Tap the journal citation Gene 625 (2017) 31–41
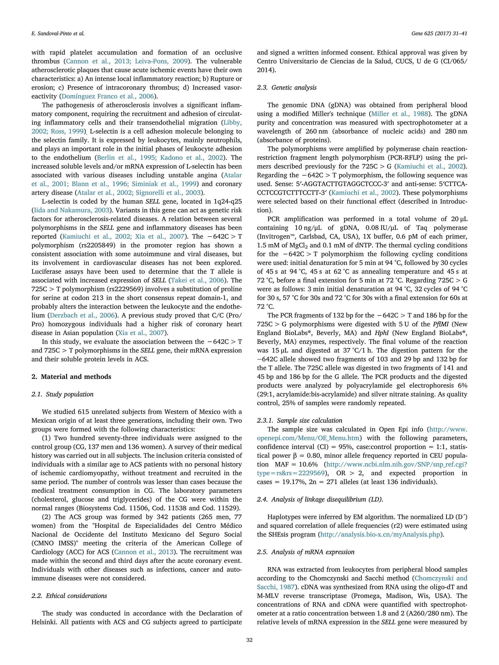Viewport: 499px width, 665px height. click(439, 34)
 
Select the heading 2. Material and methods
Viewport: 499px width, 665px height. click(71, 377)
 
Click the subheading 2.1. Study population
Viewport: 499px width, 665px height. click(62, 394)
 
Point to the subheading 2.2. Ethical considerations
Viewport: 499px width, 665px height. click(69, 596)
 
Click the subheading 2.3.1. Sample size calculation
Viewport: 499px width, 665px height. click(299, 421)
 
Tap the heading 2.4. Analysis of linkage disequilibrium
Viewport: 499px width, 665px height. click(320, 499)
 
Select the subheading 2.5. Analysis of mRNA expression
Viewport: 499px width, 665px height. click(305, 552)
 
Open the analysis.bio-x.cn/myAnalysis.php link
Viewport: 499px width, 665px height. click(380, 534)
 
